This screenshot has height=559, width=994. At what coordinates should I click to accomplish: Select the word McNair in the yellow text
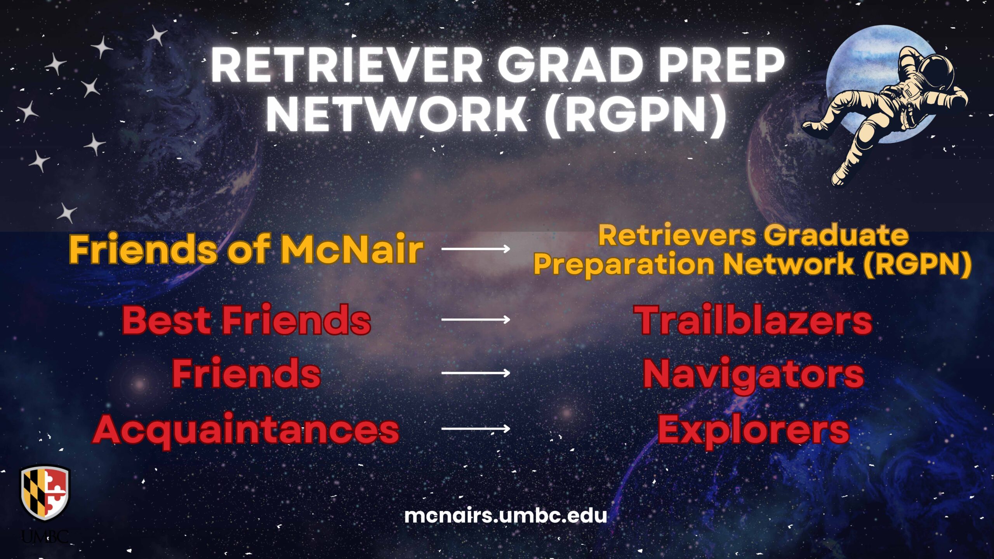[x=351, y=249]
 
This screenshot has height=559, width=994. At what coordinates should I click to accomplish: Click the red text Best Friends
[x=247, y=320]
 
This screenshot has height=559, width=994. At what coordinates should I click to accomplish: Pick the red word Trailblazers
[x=753, y=320]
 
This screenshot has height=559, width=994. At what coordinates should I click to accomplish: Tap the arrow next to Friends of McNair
[x=476, y=248]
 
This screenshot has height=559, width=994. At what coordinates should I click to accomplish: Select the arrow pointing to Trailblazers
[x=476, y=319]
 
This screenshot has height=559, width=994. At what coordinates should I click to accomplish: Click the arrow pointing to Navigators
[x=476, y=373]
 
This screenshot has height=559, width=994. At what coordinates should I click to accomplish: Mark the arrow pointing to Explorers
[x=476, y=429]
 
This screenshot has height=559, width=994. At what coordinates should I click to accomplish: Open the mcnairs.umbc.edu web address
[x=505, y=516]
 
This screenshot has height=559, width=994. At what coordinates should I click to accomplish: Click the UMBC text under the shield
[x=45, y=537]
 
